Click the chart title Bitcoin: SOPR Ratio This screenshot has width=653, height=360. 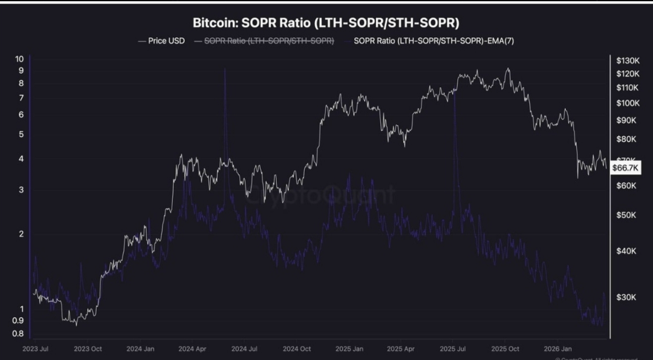pos(326,24)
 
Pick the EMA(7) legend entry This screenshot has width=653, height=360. pos(434,41)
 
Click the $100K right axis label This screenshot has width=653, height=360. pos(627,103)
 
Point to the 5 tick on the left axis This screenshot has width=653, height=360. pos(21,134)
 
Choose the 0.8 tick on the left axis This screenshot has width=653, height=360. pos(19,333)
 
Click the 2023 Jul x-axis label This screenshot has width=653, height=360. pos(36,349)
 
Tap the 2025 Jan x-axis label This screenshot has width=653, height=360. pos(349,349)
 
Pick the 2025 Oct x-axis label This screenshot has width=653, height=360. pos(505,349)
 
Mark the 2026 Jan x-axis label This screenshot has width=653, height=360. pos(559,349)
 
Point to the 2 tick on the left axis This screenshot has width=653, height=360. pos(21,234)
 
